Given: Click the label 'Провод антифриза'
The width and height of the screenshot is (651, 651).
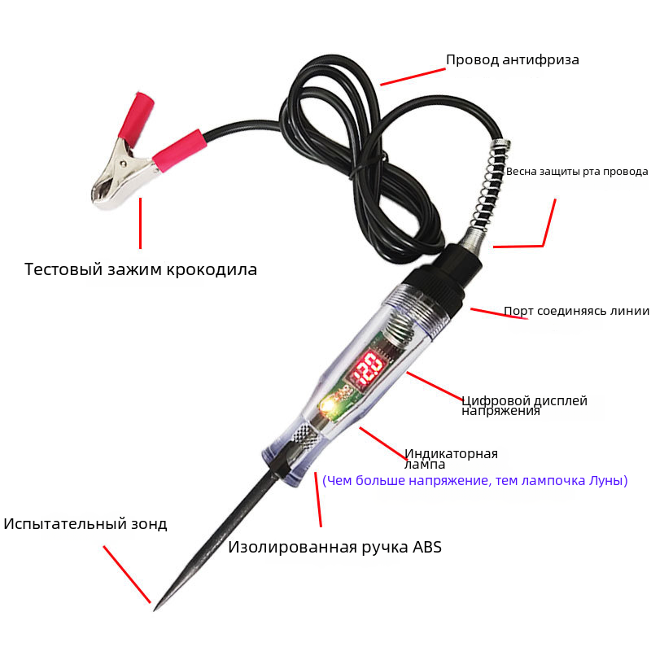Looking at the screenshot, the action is tap(513, 59).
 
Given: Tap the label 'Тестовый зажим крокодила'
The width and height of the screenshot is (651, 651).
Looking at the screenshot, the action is tap(141, 269).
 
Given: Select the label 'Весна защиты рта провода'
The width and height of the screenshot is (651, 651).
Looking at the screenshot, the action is tap(577, 172).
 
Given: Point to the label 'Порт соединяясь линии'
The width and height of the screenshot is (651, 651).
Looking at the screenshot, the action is tap(577, 311).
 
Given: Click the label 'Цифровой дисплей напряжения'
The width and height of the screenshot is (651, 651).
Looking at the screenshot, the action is tap(524, 405).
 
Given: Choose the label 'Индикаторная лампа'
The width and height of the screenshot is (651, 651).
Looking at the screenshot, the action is tap(451, 458).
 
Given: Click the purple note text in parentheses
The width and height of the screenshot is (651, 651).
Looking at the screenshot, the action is tap(475, 480).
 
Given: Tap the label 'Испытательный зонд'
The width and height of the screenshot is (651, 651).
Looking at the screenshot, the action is tap(85, 524).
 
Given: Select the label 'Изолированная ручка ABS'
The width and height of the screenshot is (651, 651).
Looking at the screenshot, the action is tap(334, 547).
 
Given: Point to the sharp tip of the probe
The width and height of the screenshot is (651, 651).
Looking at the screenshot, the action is tap(155, 609).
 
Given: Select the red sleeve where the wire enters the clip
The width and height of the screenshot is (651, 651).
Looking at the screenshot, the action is tap(179, 151).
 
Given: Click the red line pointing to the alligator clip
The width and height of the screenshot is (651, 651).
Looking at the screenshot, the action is tap(140, 223).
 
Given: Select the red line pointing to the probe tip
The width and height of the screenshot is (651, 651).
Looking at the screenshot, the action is tap(127, 575).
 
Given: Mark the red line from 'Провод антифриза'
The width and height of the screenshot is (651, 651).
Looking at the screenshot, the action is tap(413, 77).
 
